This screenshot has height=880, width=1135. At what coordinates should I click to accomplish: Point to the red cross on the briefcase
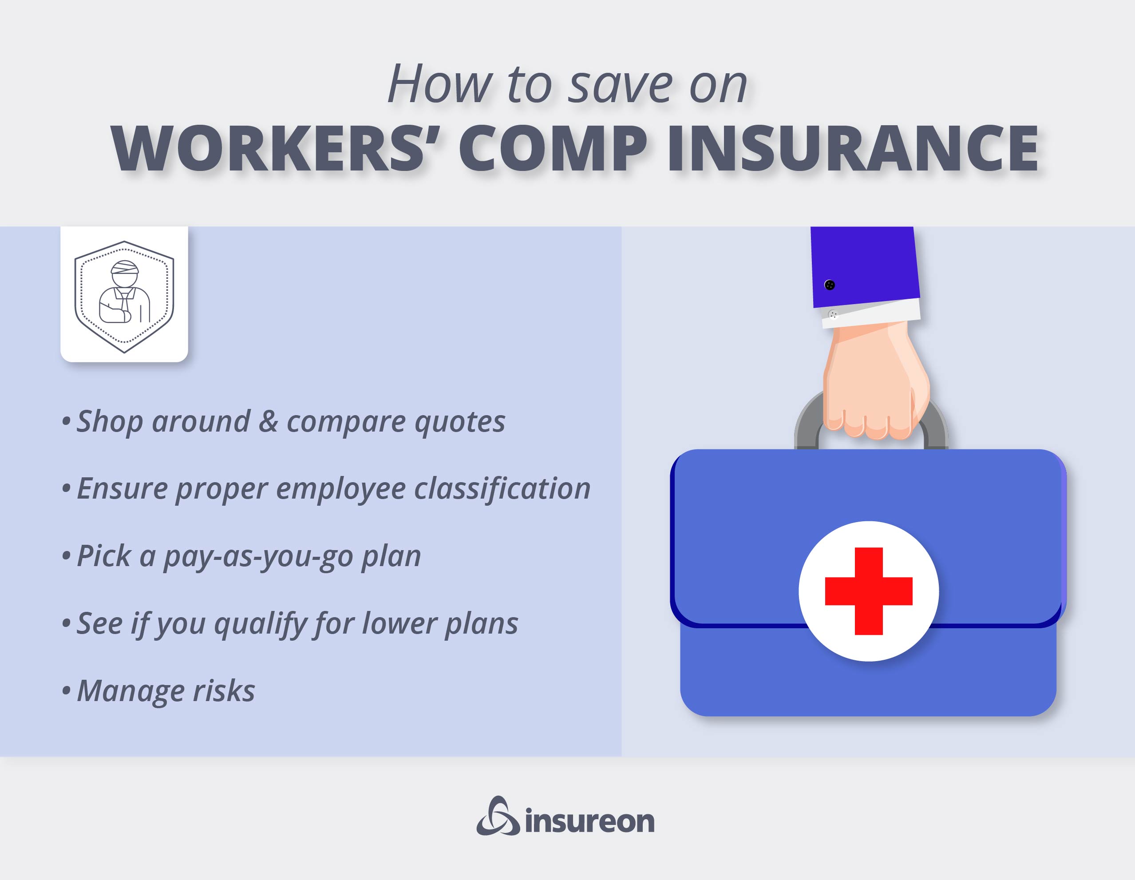coord(868,591)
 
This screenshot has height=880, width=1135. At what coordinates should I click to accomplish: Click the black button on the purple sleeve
coord(830,285)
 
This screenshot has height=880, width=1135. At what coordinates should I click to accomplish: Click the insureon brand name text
coord(589,822)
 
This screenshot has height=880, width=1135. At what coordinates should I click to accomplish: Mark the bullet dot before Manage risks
coord(66,692)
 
